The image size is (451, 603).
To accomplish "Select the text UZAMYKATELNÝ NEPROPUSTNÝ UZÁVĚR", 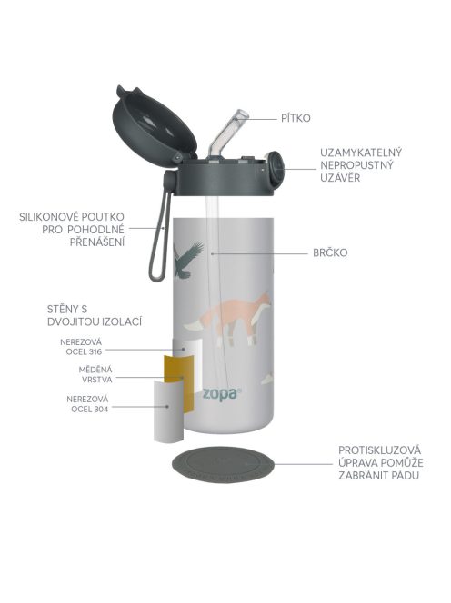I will tap(361, 164).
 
